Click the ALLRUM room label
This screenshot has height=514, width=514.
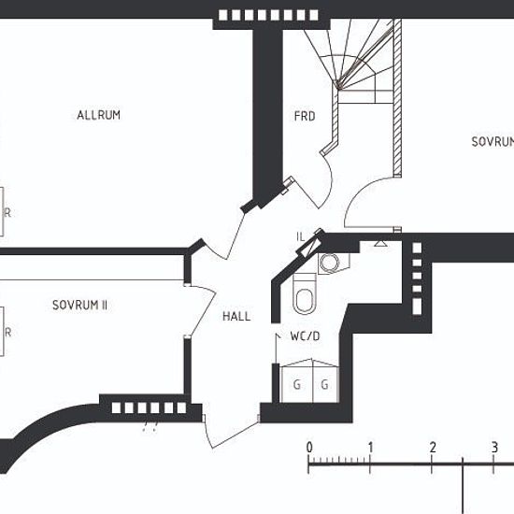99,115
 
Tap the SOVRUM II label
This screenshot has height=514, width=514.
79,306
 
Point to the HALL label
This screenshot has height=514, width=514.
236,316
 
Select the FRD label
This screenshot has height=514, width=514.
305,116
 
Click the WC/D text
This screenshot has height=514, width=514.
305,336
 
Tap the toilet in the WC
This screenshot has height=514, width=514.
305,293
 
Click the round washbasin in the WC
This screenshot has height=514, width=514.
330,263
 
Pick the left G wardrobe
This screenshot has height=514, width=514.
296,384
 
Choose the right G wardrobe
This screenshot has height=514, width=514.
325,384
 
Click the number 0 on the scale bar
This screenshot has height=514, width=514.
309,448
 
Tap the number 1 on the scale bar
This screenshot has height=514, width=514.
370,448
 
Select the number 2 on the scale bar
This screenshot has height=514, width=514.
433,448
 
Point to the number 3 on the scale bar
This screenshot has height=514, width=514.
494,448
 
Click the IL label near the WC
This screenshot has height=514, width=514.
300,236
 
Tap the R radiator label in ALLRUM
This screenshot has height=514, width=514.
7,213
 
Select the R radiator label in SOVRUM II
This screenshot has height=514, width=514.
7,333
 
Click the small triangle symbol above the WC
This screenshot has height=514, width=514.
380,243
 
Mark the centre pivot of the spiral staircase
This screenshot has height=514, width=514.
338,86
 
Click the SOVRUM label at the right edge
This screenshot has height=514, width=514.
493,142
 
